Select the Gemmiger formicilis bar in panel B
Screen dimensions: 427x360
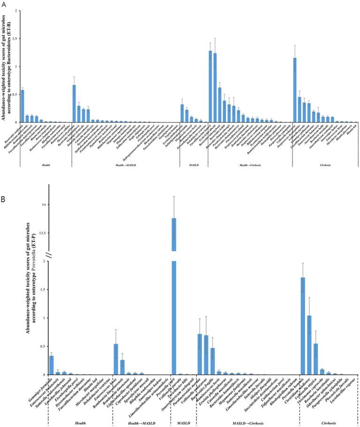click(52, 365)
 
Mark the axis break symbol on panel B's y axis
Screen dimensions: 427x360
click(47, 255)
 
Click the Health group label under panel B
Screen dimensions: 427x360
click(83, 423)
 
